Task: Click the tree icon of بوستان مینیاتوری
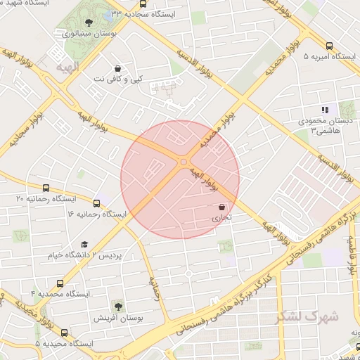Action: pyautogui.click(x=87, y=23)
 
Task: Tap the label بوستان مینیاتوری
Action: pyautogui.click(x=84, y=34)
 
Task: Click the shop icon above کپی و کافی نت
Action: pyautogui.click(x=117, y=68)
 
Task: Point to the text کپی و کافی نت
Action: pyautogui.click(x=117, y=79)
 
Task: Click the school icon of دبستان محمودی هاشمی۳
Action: pyautogui.click(x=325, y=110)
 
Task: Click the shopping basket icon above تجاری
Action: pyautogui.click(x=222, y=207)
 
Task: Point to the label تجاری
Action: pyautogui.click(x=222, y=218)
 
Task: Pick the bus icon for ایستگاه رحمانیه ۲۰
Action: pyautogui.click(x=46, y=188)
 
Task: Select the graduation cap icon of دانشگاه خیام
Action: pyautogui.click(x=84, y=244)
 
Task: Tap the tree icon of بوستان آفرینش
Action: pyautogui.click(x=118, y=307)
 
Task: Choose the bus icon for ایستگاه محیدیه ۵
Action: pyautogui.click(x=65, y=333)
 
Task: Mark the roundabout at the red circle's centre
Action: pyautogui.click(x=184, y=162)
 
